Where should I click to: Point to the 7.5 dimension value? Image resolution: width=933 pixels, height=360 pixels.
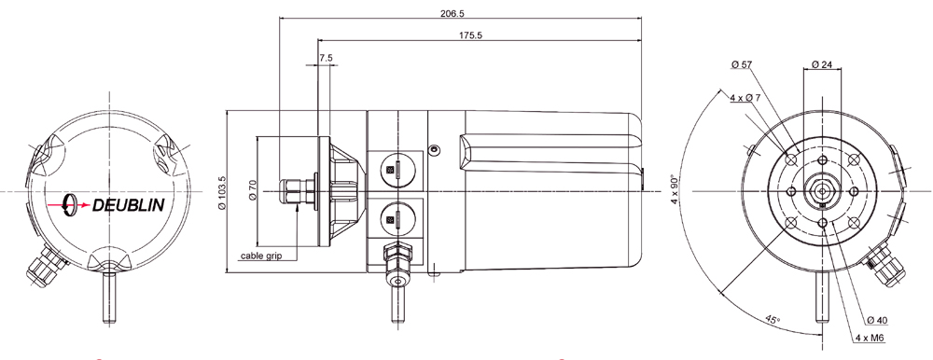pos(325,58)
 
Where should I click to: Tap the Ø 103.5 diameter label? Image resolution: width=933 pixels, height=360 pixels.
pos(222,192)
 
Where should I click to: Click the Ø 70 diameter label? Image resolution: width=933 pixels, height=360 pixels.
pos(252,191)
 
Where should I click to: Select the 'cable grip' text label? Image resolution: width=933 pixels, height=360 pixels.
pos(261,255)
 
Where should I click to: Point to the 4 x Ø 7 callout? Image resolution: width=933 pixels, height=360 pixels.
pos(745,98)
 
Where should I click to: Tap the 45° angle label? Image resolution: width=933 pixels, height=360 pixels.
pos(773,319)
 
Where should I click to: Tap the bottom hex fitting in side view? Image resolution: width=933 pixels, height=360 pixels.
pos(398,256)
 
